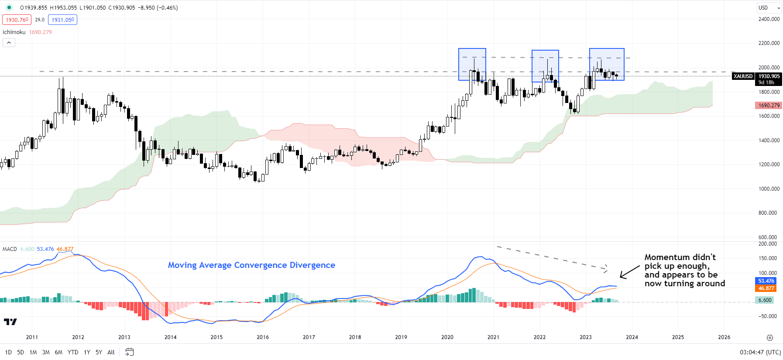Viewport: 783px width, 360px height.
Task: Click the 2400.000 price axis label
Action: coord(769,19)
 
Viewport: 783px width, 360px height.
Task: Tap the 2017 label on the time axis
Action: coord(309,337)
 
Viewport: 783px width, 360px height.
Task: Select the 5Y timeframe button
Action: coord(99,352)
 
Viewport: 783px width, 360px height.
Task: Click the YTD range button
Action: coord(73,352)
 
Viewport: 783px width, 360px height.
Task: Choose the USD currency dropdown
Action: coord(769,7)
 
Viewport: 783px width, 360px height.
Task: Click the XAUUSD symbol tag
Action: coord(743,76)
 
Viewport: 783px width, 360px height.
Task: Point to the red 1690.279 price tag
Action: coord(769,106)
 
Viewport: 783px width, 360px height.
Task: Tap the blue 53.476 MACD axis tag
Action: coord(766,281)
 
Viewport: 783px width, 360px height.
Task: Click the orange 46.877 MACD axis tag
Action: coord(766,288)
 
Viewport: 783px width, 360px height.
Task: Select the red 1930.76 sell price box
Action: coord(17,20)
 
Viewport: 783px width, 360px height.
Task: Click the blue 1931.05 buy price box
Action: coord(62,20)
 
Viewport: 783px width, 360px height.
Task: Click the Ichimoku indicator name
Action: coord(14,32)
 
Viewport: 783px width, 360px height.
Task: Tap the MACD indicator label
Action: coord(10,249)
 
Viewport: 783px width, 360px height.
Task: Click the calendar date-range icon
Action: coord(129,352)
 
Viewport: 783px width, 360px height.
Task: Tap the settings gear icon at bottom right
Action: coord(769,337)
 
